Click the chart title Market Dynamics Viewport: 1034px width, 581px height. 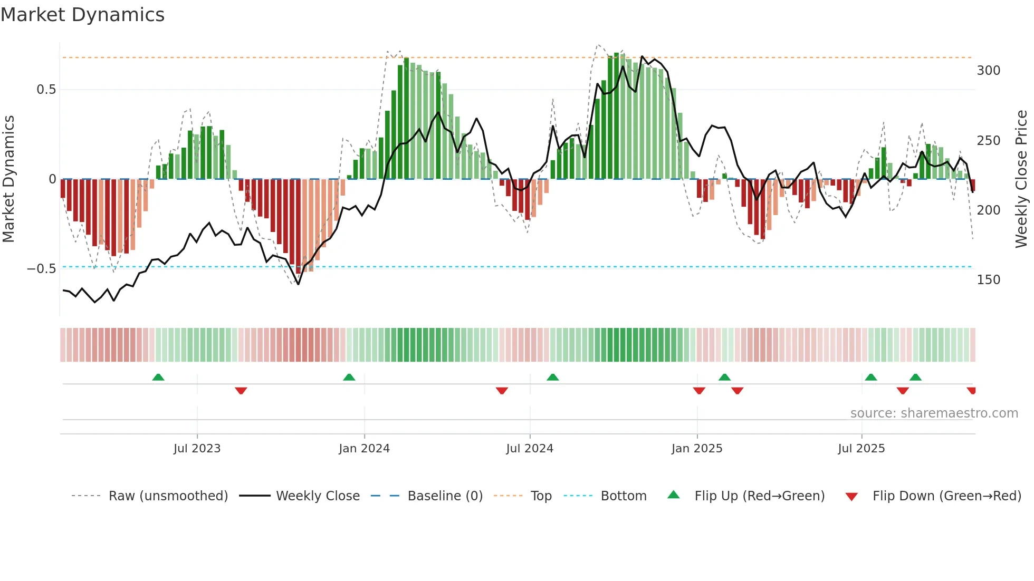tap(82, 15)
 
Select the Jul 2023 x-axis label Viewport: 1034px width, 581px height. tap(197, 449)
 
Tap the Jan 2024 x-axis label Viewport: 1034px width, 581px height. tap(364, 449)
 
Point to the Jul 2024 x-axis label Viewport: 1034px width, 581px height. tap(530, 449)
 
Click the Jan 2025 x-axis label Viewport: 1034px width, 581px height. tap(697, 449)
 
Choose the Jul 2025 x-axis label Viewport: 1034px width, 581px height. tap(861, 449)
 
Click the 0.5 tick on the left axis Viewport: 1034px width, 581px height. tap(46, 90)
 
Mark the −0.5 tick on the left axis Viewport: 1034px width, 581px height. tap(42, 269)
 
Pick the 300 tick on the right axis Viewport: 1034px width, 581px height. tap(988, 71)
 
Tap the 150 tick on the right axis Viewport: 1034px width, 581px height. tap(988, 280)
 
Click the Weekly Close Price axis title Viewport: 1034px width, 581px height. tap(1021, 179)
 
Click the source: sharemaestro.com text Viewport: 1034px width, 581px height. tap(934, 413)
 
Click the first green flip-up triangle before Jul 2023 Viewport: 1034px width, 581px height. tap(158, 377)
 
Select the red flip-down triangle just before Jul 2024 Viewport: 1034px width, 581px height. tap(502, 391)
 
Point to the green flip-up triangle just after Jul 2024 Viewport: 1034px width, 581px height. tap(552, 377)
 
